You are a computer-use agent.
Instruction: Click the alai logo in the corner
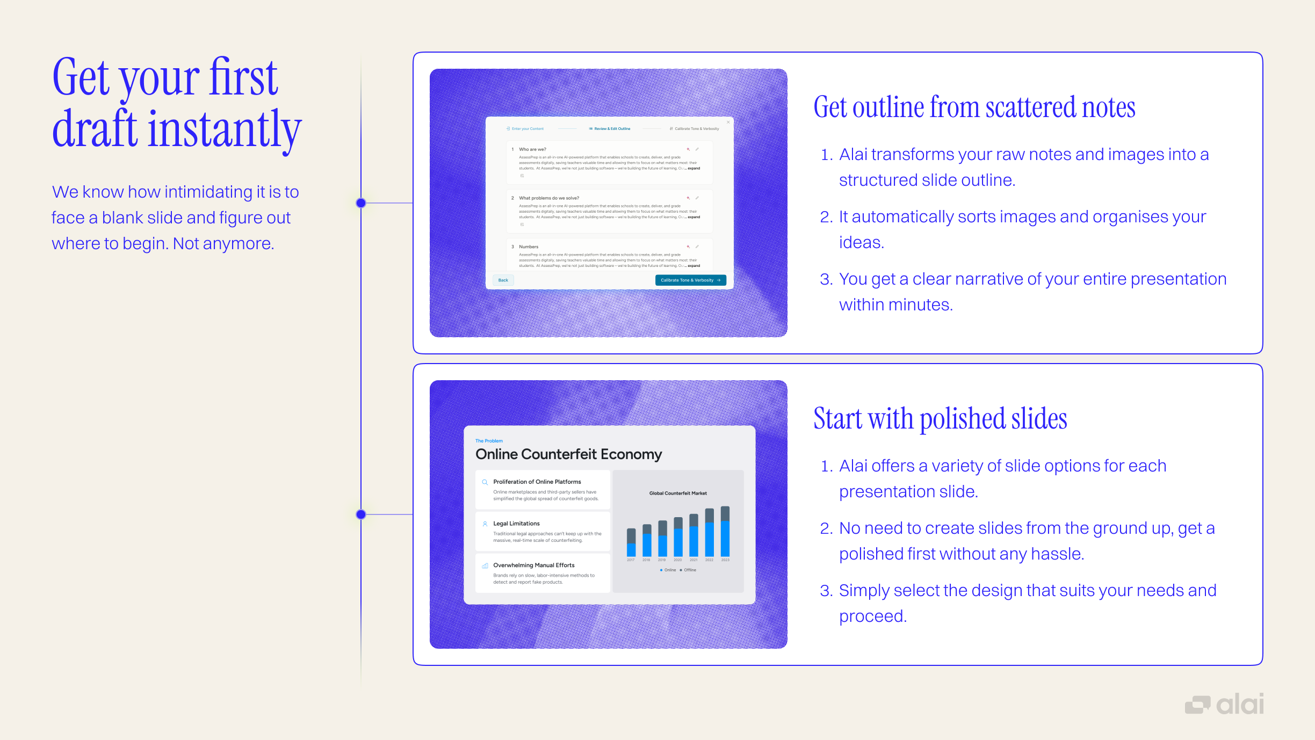click(x=1224, y=704)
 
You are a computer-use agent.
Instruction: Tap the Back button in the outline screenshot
click(x=503, y=280)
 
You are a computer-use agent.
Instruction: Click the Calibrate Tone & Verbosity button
click(x=690, y=280)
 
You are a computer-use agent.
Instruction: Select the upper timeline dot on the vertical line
click(x=361, y=203)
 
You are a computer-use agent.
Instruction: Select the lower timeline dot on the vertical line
click(x=361, y=514)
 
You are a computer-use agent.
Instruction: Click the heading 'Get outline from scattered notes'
click(x=974, y=107)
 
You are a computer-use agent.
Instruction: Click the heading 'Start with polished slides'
click(x=940, y=419)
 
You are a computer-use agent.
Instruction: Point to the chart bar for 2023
click(x=725, y=532)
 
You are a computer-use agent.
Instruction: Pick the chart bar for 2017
click(x=631, y=542)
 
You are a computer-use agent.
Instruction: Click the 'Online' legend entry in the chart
click(x=668, y=570)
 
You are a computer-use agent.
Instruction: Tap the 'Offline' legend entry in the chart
click(x=688, y=570)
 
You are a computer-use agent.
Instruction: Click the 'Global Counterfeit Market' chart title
click(x=678, y=493)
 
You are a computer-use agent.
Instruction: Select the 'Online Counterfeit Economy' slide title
click(x=568, y=454)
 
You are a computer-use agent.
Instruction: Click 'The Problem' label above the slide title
click(x=489, y=441)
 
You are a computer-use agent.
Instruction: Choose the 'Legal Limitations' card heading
click(x=516, y=524)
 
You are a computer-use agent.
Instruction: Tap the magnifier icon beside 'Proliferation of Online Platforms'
click(x=485, y=482)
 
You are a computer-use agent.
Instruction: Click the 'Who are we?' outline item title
click(x=532, y=149)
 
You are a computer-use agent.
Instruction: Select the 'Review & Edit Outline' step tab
click(x=611, y=129)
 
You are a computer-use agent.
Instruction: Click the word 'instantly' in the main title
click(x=225, y=129)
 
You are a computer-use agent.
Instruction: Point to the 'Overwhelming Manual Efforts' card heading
click(x=533, y=565)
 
